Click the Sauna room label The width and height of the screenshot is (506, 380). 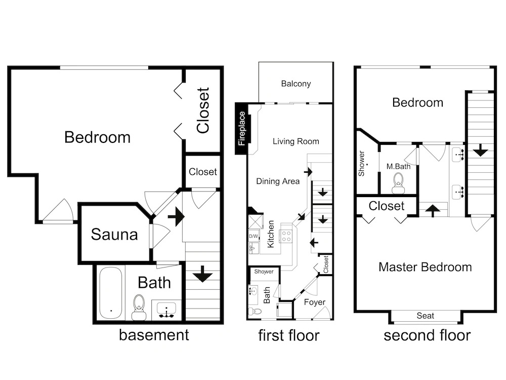pyautogui.click(x=114, y=234)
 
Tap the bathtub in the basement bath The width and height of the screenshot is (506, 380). pyautogui.click(x=111, y=293)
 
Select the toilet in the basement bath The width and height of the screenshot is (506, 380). pyautogui.click(x=139, y=307)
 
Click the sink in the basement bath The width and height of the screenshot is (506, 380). pyautogui.click(x=166, y=310)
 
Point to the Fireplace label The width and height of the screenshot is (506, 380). pyautogui.click(x=242, y=128)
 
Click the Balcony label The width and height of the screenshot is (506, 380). pyautogui.click(x=296, y=84)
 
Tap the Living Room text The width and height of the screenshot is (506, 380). pyautogui.click(x=296, y=141)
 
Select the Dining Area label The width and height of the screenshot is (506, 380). pyautogui.click(x=278, y=181)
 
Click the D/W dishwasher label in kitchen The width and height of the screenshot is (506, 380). pyautogui.click(x=254, y=236)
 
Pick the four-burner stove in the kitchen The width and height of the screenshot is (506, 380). pyautogui.click(x=286, y=236)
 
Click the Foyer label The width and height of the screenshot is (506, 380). pyautogui.click(x=315, y=302)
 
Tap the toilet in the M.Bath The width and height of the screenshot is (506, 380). pyautogui.click(x=399, y=183)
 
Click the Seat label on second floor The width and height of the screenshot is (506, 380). pyautogui.click(x=426, y=316)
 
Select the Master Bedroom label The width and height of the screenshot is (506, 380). pyautogui.click(x=425, y=267)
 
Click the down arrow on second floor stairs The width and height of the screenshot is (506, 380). pyautogui.click(x=481, y=150)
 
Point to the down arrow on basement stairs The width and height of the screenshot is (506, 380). pyautogui.click(x=202, y=274)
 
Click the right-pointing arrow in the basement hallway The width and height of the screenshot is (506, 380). pyautogui.click(x=176, y=216)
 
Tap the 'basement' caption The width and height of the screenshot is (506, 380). pyautogui.click(x=154, y=335)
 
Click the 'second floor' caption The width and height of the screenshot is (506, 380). pyautogui.click(x=427, y=335)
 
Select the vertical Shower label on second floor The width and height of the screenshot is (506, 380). pyautogui.click(x=361, y=164)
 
